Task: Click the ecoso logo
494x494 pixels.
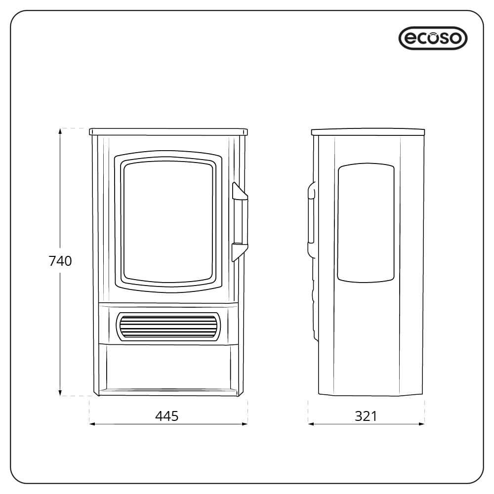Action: [433, 38]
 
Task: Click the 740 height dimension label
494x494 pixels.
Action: [60, 261]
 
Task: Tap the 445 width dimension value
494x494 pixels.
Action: [167, 416]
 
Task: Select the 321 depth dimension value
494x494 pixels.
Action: [366, 416]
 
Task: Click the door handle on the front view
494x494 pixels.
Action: [241, 221]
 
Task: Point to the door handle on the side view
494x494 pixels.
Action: [311, 220]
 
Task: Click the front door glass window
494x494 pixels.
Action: [168, 221]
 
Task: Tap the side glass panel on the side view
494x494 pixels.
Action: [366, 223]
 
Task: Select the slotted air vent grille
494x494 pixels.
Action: [168, 326]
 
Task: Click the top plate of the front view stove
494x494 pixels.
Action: [168, 132]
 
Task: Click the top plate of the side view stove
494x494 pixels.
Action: [368, 132]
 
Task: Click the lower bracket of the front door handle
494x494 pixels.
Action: [239, 251]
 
